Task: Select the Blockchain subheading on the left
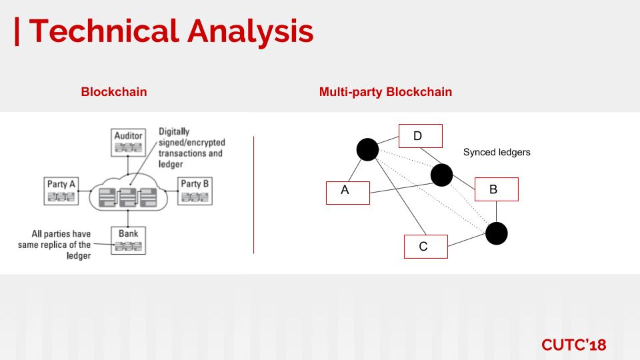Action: pos(114,92)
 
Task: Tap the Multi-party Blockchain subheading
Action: pos(385,92)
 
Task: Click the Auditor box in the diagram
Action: pos(129,141)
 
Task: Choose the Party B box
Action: pos(195,190)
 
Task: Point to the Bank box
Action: pos(129,240)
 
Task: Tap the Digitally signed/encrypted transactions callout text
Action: pos(191,147)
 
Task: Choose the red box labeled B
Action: pos(495,189)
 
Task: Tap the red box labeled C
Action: pos(425,246)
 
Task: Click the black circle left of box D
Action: pos(367,149)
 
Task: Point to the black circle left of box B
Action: pos(441,175)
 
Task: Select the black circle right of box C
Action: pos(496,233)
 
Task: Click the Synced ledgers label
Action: pos(497,152)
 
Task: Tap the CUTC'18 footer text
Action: pos(573,345)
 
